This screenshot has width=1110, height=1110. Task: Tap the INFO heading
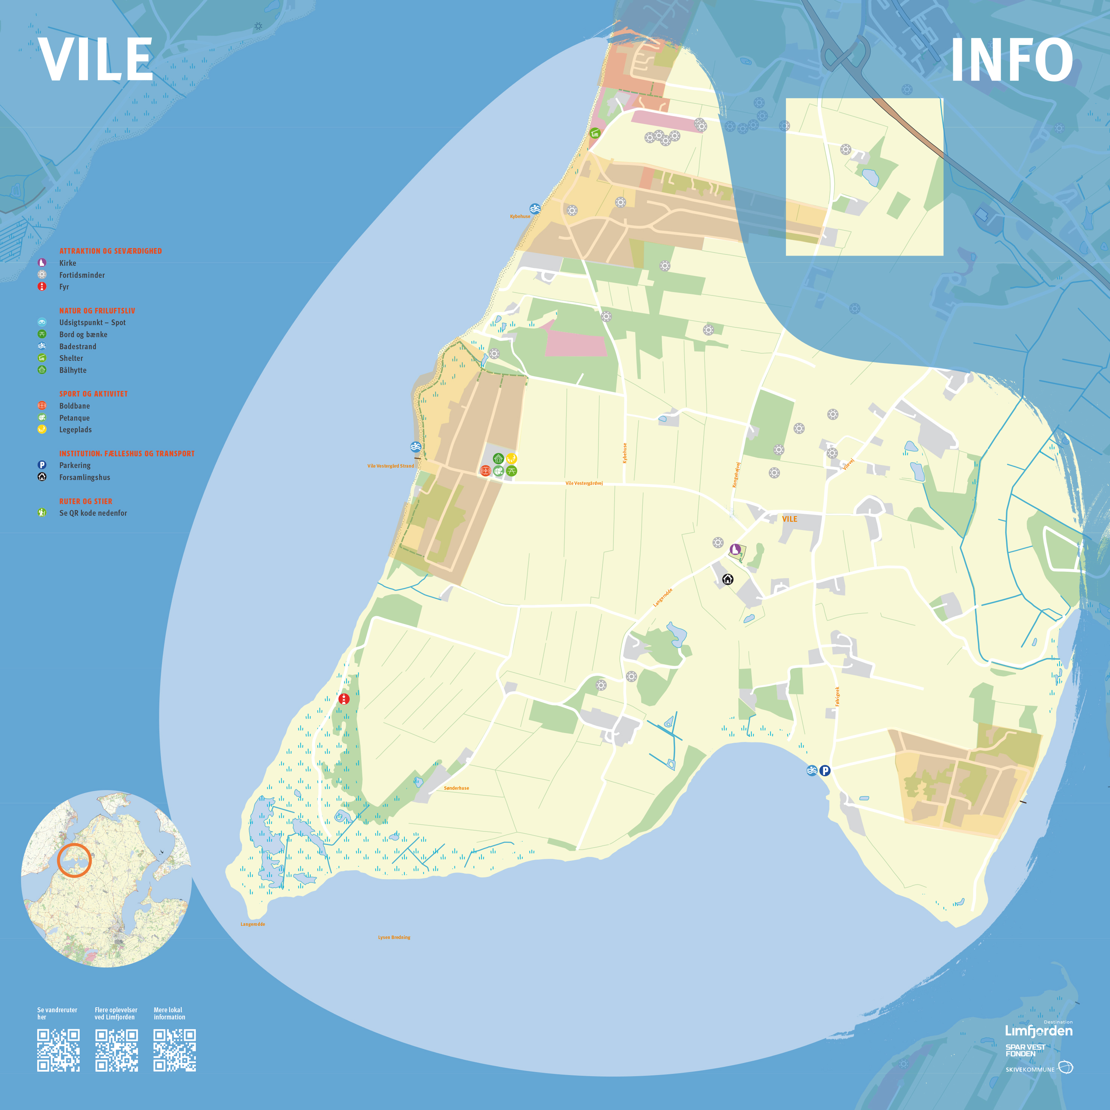[x=1011, y=60]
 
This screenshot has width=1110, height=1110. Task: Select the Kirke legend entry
[x=67, y=263]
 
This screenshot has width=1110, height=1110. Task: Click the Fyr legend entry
[x=64, y=287]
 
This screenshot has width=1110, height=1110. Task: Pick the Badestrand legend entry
[x=77, y=347]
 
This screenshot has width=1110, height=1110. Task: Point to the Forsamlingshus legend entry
[x=85, y=477]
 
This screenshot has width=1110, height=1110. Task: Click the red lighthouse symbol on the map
[x=344, y=699]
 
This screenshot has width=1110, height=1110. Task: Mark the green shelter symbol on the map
[x=595, y=133]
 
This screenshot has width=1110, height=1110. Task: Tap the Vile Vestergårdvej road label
[x=584, y=483]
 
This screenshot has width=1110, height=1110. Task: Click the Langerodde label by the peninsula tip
[x=253, y=924]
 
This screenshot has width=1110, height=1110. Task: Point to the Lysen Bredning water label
[x=394, y=937]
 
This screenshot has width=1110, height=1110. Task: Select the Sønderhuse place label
[x=456, y=788]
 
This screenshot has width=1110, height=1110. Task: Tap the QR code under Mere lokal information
[x=175, y=1050]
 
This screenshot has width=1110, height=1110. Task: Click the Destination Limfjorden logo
[x=1039, y=1030]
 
